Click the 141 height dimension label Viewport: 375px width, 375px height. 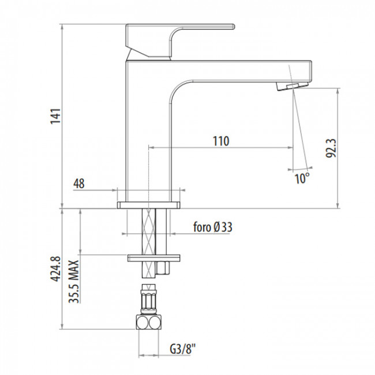point(56,116)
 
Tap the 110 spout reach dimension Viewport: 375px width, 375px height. point(221,141)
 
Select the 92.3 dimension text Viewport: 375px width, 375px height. point(331,148)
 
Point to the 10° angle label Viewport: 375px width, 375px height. point(302,178)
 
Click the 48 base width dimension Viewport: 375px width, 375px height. point(79,183)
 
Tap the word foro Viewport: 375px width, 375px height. point(202,227)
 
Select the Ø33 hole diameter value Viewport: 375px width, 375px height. point(223,227)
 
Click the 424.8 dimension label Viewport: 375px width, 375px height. point(56,269)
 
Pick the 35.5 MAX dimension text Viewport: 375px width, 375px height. point(74,282)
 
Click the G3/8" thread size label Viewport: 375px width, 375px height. point(183,349)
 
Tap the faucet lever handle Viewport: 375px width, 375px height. point(180,41)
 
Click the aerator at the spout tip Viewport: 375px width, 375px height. point(292,86)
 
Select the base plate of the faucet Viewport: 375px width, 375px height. point(148,205)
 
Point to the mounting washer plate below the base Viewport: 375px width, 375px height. point(153,258)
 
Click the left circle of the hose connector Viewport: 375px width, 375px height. point(142,322)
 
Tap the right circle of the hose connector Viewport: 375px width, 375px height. point(154,323)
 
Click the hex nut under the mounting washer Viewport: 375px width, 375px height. point(163,268)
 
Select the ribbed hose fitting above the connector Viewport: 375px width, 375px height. point(148,299)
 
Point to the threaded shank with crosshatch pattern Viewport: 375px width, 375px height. point(149,243)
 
